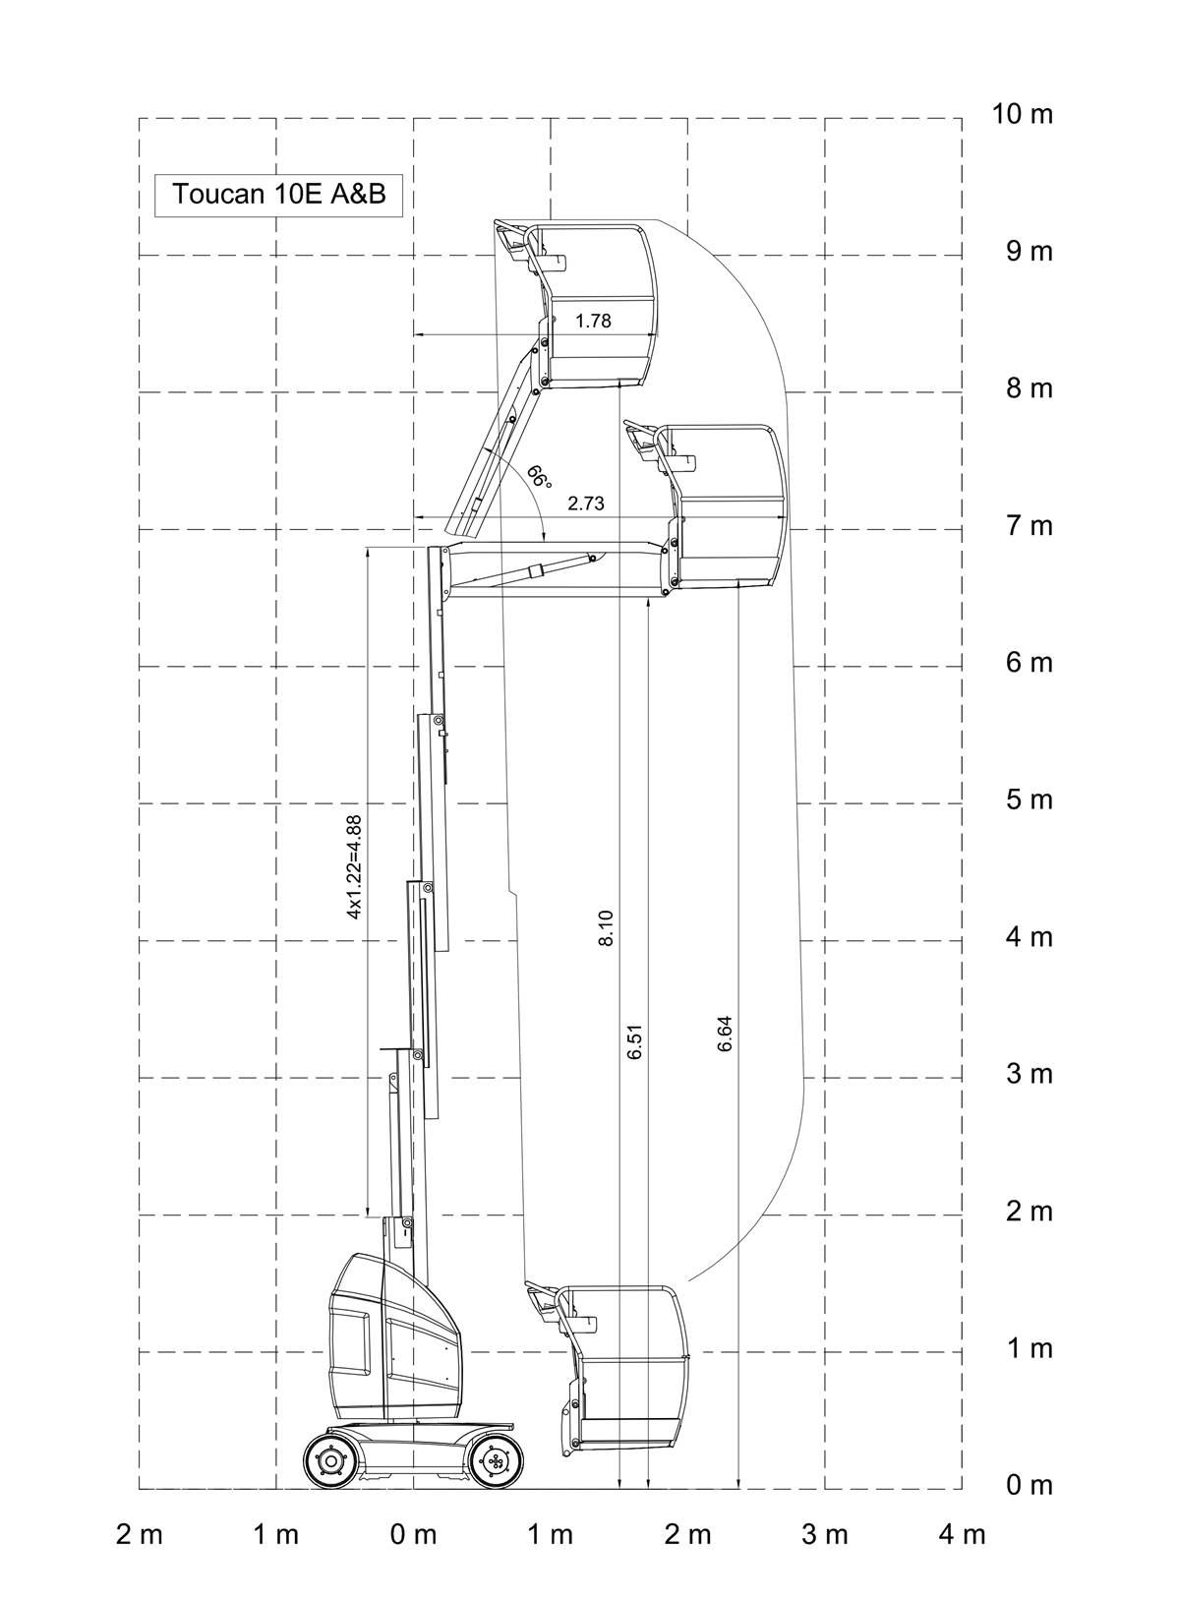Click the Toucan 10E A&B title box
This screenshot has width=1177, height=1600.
[278, 194]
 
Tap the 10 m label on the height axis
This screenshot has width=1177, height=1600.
[1022, 114]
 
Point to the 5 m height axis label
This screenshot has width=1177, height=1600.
[1030, 800]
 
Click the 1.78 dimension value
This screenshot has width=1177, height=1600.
[594, 321]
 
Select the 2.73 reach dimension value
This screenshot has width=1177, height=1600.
[586, 504]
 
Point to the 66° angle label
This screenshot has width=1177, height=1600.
[539, 476]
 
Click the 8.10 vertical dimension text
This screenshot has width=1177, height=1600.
[606, 928]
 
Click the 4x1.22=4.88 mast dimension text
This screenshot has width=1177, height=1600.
[354, 867]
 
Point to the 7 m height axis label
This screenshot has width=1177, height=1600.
[1030, 526]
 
